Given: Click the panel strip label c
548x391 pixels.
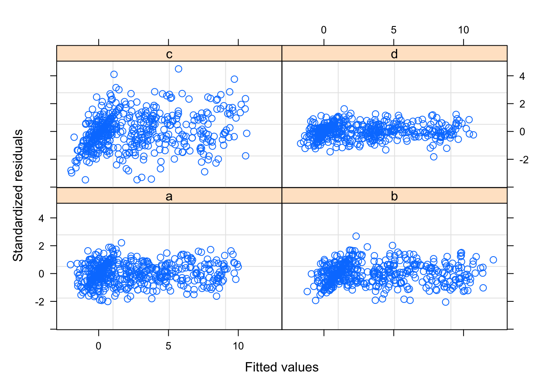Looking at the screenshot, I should coord(169,54).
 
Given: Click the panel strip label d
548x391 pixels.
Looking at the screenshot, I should coord(394,54).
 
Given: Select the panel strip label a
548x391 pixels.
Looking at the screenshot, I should coord(169,196).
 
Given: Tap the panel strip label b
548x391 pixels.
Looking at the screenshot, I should coord(394,196).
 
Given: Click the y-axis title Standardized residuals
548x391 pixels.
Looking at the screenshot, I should coord(18,195).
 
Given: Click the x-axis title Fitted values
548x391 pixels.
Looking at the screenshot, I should coord(282,367).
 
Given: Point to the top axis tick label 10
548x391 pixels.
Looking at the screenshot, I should coord(464,30).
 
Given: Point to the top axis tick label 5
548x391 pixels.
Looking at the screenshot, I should coord(393,30).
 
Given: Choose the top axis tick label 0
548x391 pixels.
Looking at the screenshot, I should coord(324,30).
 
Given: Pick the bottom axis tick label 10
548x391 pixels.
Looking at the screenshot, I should coord(238,346).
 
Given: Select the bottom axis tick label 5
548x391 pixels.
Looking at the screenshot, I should coord(168,346).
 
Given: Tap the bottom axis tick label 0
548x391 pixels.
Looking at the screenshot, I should coord(99,346).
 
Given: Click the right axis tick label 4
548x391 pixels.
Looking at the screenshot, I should coord(522,76).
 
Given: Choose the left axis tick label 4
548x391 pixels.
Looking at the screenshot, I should coord(41,218).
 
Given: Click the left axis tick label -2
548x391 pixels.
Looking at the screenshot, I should coord(40,302).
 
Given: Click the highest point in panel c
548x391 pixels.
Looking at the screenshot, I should coord(179,69).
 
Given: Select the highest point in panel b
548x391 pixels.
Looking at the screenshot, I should coord(356,236).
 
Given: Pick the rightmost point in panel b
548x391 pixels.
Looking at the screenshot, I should coord(493,260).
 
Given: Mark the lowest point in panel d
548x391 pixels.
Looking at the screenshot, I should coord(434,157).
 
